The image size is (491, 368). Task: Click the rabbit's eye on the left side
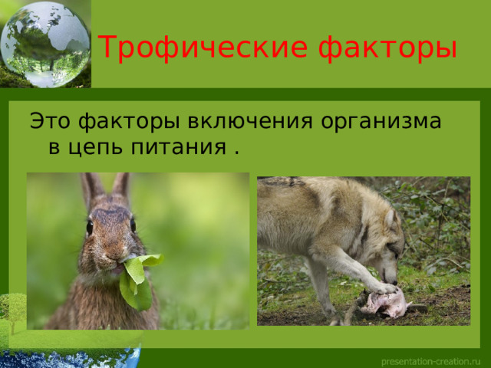point(90,228)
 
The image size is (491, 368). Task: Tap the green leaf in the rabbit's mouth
point(138,280)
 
